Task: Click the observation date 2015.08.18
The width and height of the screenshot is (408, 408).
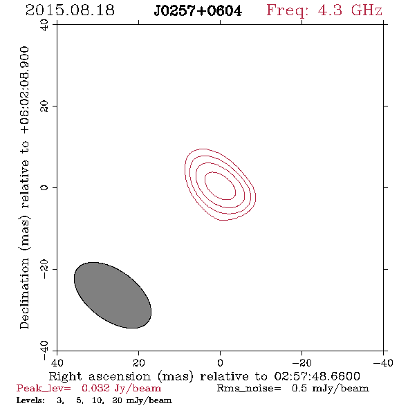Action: (70, 10)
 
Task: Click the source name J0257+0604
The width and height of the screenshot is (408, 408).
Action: (198, 11)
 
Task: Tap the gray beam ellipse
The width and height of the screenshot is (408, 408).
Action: (113, 295)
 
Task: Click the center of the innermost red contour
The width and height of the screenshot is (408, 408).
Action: (221, 186)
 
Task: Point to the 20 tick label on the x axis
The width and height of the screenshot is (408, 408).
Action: (138, 362)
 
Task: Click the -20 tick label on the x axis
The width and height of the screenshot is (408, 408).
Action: (302, 362)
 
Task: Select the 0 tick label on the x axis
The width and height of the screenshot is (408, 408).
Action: (220, 362)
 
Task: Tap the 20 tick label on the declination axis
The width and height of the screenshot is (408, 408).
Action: (44, 106)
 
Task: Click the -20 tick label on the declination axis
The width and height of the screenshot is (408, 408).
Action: (44, 269)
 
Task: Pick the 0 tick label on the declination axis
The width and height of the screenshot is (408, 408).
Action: (44, 187)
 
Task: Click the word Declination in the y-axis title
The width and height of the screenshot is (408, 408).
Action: (24, 293)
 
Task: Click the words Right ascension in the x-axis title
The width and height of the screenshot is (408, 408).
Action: (100, 376)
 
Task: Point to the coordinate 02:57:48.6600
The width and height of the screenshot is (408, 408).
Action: (317, 376)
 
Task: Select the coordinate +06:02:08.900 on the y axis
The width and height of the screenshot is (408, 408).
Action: (25, 91)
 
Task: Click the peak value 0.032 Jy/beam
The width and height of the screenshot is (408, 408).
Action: (121, 389)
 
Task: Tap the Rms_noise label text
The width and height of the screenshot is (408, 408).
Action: (249, 389)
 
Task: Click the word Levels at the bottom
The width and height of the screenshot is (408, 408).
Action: (30, 400)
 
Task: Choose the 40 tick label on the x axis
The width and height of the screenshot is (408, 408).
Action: (57, 362)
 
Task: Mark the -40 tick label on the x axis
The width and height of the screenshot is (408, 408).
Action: (383, 362)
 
